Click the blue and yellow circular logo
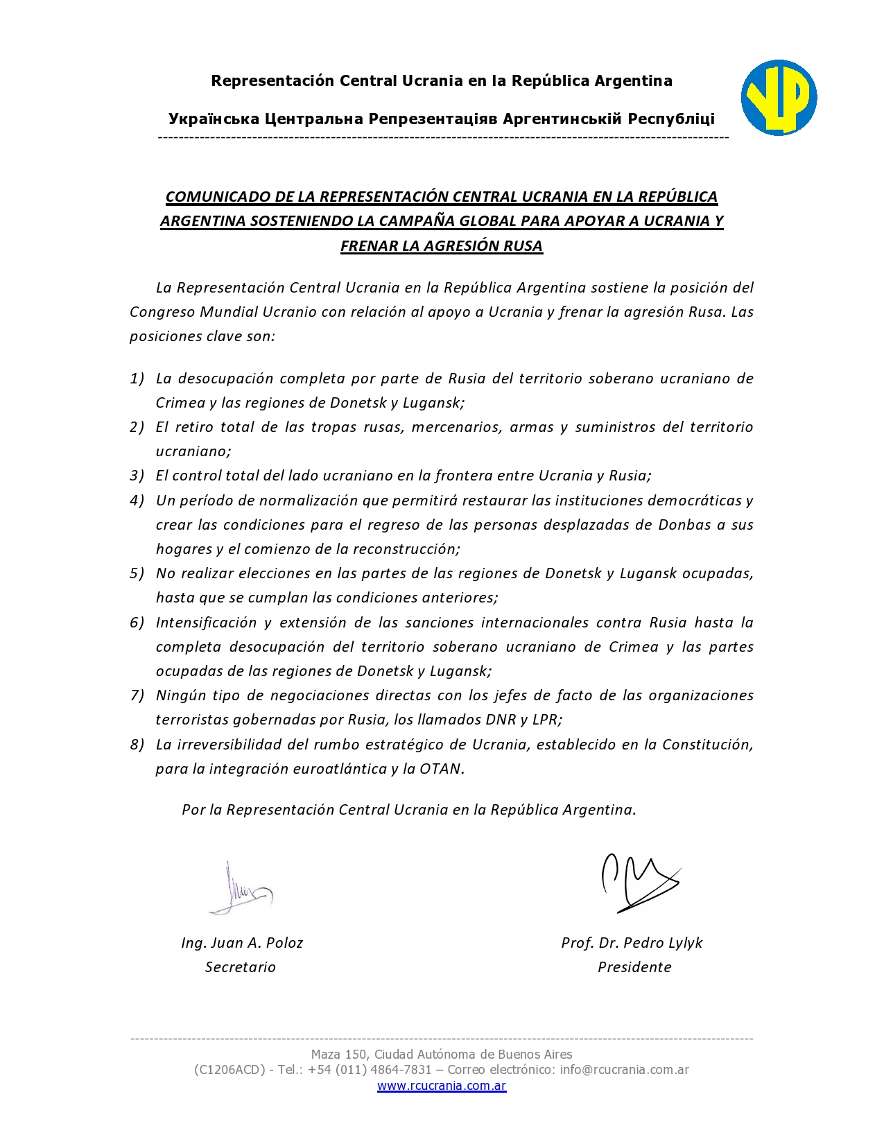click(x=779, y=98)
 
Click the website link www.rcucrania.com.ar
click(x=442, y=1086)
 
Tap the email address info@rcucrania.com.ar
click(x=625, y=1070)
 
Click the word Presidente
click(x=634, y=967)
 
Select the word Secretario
click(x=240, y=967)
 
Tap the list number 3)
click(x=137, y=476)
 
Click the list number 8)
click(x=137, y=745)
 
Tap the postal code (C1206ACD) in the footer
click(x=229, y=1070)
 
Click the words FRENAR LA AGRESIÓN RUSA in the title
click(x=442, y=246)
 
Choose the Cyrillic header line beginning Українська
click(x=442, y=119)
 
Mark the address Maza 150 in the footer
click(x=338, y=1055)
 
